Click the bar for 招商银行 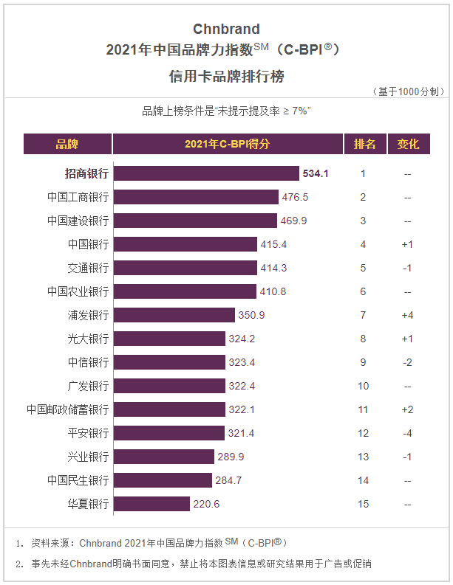click(x=206, y=173)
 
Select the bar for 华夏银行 click(x=151, y=504)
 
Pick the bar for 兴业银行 click(x=164, y=457)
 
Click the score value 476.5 click(x=294, y=197)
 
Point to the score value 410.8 click(x=272, y=291)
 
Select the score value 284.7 click(x=228, y=480)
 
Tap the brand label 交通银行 click(x=88, y=268)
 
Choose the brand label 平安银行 click(x=88, y=433)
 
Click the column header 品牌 click(x=67, y=144)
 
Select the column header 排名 click(x=364, y=144)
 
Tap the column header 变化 click(x=408, y=144)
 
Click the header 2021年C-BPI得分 click(x=228, y=144)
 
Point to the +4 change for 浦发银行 click(x=407, y=315)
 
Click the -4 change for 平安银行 click(x=407, y=433)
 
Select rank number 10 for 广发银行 click(x=363, y=386)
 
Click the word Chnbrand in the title click(x=226, y=30)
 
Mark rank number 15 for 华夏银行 click(x=363, y=504)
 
